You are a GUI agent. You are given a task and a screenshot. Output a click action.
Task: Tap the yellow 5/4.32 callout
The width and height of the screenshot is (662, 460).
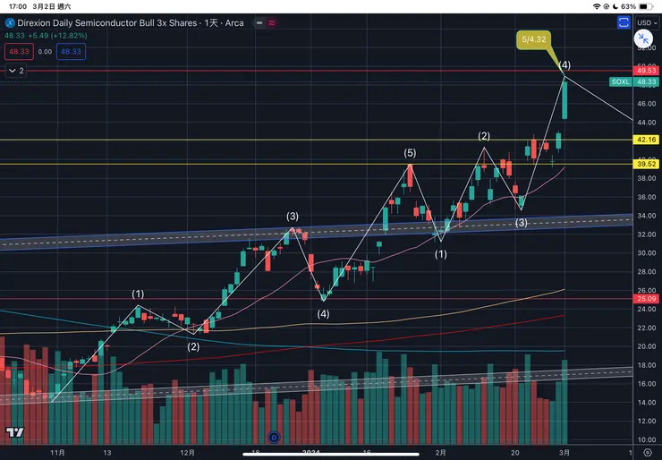pos(533,40)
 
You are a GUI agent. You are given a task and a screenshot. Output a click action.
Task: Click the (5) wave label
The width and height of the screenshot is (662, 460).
pos(410,154)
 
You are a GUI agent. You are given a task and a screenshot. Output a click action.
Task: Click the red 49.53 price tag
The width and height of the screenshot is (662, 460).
pos(646,70)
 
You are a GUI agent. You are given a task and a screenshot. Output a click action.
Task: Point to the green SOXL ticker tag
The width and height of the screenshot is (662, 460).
pos(620,81)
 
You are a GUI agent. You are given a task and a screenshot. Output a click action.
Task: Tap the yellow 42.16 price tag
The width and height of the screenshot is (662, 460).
pos(646,140)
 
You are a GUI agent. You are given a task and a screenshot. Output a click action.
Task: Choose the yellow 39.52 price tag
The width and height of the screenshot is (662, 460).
pos(646,164)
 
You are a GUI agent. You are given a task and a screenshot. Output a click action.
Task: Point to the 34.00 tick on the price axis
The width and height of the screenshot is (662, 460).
pos(645,216)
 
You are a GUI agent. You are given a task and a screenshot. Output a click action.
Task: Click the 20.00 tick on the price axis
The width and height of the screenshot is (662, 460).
pos(645,346)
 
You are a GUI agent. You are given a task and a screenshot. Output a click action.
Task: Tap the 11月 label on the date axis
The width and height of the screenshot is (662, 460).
pos(57,453)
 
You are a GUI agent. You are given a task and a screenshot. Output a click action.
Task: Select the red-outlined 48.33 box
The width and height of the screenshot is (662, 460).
pos(17,52)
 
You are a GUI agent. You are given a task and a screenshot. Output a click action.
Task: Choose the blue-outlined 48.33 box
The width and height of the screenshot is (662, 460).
pos(71,52)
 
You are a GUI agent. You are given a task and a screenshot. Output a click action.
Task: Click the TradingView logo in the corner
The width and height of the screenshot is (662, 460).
pos(14,433)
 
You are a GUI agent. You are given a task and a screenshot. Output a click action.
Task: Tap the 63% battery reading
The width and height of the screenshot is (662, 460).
pos(628,5)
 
